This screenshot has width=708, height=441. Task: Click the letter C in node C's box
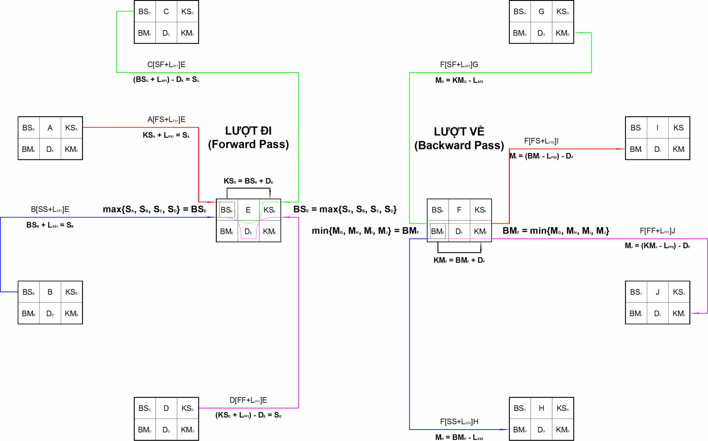tap(166, 11)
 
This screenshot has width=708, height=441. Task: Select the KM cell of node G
tap(563, 33)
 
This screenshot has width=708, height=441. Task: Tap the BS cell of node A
tap(28, 128)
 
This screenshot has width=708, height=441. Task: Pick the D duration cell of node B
tap(50, 314)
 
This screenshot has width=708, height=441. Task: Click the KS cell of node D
tap(188, 408)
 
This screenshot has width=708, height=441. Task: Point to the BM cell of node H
tap(520, 430)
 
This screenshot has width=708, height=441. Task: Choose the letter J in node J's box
tap(658, 292)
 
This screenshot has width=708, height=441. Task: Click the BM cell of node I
tap(636, 149)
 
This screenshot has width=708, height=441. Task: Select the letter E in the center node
tap(248, 210)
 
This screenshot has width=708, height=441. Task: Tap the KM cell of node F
tap(480, 231)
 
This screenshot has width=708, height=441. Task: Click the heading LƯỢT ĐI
tap(248, 131)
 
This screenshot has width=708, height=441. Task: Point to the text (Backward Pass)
tap(459, 145)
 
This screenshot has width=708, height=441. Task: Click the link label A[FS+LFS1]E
tap(166, 119)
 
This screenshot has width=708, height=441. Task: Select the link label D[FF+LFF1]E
tap(248, 400)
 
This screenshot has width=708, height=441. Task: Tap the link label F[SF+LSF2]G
tap(459, 65)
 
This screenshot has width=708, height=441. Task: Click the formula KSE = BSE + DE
tap(248, 181)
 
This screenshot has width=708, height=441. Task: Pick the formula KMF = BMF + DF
tap(459, 260)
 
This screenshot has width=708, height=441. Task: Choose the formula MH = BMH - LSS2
tap(459, 437)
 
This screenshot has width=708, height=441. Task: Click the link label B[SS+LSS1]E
tap(50, 209)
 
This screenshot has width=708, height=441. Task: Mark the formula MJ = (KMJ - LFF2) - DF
tap(658, 246)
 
